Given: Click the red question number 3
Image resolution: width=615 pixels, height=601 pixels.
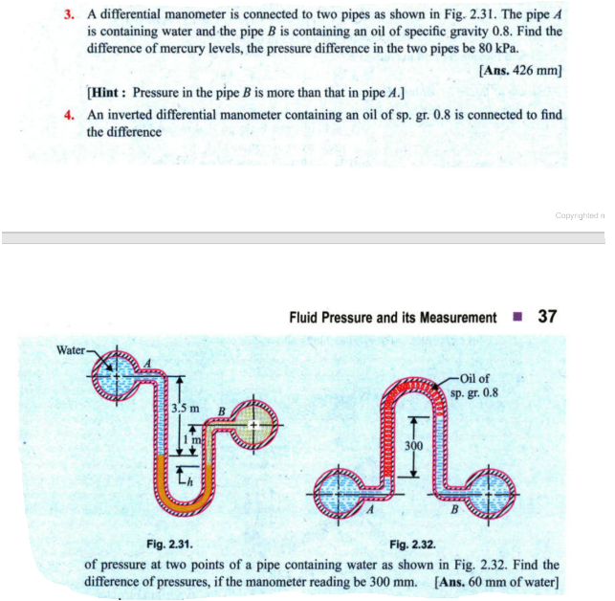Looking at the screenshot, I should tap(69, 16).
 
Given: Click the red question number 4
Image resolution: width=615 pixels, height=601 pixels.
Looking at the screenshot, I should tap(69, 114).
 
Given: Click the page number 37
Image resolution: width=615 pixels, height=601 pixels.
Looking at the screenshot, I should tap(547, 317).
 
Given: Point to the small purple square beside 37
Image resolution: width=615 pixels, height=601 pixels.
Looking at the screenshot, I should tap(517, 318).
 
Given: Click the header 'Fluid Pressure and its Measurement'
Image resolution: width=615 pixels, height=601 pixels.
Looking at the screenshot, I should tap(392, 318).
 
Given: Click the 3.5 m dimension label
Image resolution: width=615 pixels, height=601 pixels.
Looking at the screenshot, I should tap(185, 410).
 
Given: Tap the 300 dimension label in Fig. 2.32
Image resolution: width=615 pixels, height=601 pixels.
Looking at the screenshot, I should tap(412, 446).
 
